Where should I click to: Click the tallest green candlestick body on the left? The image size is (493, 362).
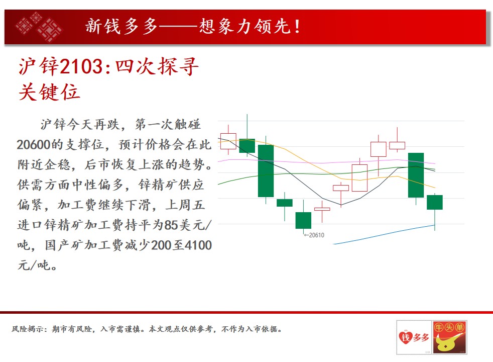click(266, 171)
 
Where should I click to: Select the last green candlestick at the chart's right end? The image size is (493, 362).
click(435, 203)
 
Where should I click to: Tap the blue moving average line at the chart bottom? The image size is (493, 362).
click(384, 234)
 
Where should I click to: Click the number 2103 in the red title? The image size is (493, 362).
click(85, 66)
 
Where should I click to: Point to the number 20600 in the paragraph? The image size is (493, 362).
click(34, 144)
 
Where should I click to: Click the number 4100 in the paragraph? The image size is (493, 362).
click(198, 245)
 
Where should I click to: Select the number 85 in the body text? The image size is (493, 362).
click(171, 225)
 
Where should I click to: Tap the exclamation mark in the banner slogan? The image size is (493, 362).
click(297, 27)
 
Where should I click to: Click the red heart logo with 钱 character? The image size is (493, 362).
click(405, 338)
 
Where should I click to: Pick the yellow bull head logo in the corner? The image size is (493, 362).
click(450, 337)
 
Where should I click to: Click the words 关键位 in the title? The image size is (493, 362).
click(49, 92)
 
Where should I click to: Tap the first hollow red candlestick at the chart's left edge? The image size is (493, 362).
click(228, 141)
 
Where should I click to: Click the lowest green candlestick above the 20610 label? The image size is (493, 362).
click(303, 220)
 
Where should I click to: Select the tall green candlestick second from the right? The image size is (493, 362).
click(416, 175)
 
